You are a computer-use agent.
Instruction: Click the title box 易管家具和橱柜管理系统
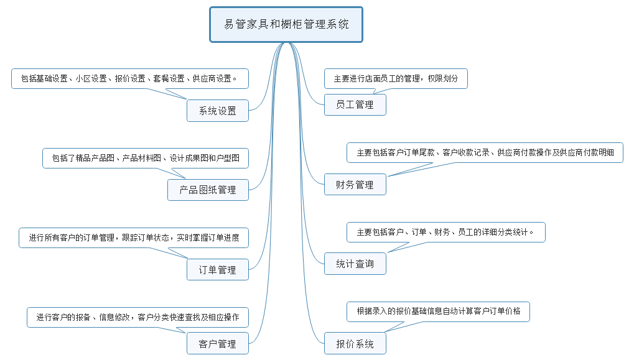pyautogui.click(x=286, y=25)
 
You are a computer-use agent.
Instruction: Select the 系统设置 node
pyautogui.click(x=218, y=111)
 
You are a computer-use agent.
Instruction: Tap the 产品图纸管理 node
pyautogui.click(x=208, y=190)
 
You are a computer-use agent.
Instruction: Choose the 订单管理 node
pyautogui.click(x=218, y=270)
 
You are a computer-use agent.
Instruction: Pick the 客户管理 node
pyautogui.click(x=218, y=344)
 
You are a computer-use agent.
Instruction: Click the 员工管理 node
pyautogui.click(x=355, y=104)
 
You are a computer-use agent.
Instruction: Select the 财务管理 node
pyautogui.click(x=355, y=185)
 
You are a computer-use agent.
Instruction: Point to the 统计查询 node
pyautogui.click(x=355, y=264)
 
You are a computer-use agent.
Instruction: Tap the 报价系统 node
pyautogui.click(x=355, y=344)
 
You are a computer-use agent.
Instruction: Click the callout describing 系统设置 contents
pyautogui.click(x=130, y=79)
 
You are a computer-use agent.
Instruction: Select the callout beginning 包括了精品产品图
pyautogui.click(x=146, y=158)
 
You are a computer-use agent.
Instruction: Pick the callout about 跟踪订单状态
pyautogui.click(x=134, y=238)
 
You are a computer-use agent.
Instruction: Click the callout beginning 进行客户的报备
pyautogui.click(x=138, y=317)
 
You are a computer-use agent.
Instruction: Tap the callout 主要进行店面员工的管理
pyautogui.click(x=396, y=79)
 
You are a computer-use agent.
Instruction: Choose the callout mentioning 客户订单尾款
pyautogui.click(x=485, y=152)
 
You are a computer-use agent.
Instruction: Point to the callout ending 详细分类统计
pyautogui.click(x=446, y=232)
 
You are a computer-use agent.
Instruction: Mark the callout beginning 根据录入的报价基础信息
pyautogui.click(x=438, y=311)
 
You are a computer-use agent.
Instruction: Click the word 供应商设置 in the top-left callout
pyautogui.click(x=213, y=79)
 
